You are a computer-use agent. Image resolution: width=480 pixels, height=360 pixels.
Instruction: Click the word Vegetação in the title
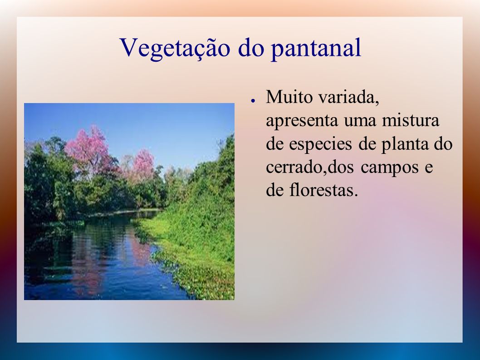click(175, 49)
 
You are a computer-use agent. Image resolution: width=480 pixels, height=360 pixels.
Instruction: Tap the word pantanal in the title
click(316, 49)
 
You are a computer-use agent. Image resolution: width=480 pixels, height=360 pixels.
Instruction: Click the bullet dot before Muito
click(253, 100)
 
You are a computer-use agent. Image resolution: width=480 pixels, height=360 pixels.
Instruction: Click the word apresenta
click(302, 121)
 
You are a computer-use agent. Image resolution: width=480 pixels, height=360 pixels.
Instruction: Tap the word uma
click(360, 121)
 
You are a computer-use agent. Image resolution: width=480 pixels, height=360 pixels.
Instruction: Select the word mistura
click(411, 120)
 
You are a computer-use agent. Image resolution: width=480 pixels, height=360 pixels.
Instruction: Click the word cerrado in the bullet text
click(294, 167)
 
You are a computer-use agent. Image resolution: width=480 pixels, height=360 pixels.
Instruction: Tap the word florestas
click(323, 190)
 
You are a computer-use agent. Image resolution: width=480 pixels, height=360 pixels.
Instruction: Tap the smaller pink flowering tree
click(142, 164)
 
